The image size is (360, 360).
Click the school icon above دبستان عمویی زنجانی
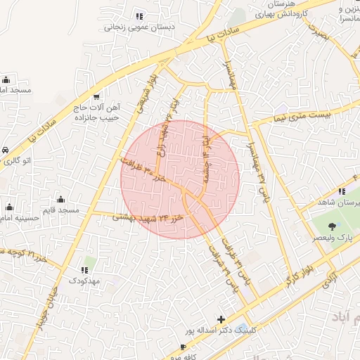[140, 16]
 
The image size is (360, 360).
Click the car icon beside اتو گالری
[6, 150]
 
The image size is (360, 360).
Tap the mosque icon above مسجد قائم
[60, 199]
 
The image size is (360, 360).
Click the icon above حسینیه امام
[10, 207]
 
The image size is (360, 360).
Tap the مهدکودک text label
[84, 281]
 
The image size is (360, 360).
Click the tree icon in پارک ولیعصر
[331, 226]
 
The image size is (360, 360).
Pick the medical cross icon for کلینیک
[221, 319]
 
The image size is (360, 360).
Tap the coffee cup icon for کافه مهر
[184, 347]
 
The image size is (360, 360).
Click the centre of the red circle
[180, 179]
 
